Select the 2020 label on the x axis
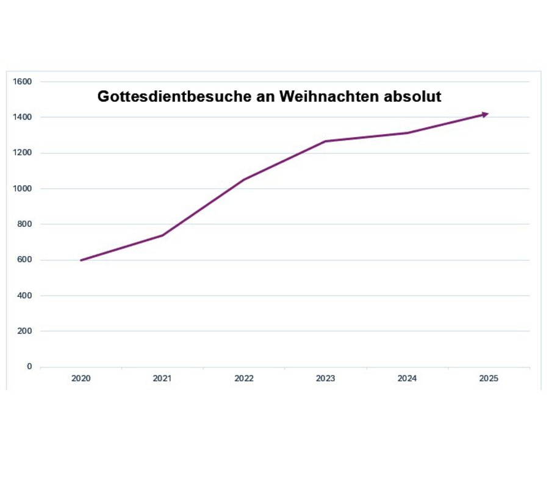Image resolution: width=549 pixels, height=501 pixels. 81,378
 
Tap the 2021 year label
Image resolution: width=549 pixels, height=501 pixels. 162,378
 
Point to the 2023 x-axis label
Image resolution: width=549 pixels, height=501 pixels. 325,378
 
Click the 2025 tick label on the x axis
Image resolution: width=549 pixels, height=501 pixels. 489,378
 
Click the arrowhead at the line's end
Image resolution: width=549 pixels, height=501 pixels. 485,114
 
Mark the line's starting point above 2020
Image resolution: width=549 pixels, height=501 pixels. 81,260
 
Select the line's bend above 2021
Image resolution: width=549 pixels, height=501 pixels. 162,235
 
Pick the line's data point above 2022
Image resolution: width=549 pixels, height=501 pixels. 244,179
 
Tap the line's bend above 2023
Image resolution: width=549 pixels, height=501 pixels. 325,141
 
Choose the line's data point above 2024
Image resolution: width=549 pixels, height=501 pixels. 407,133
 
